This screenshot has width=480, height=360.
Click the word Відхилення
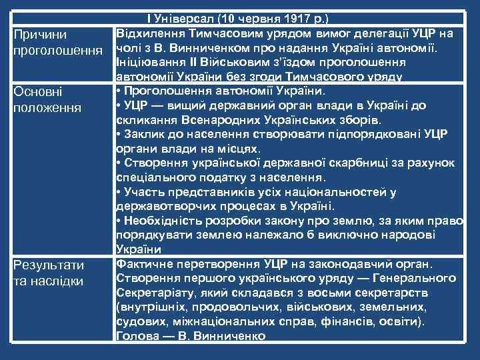[x=147, y=33]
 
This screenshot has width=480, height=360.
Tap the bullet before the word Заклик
[x=118, y=134]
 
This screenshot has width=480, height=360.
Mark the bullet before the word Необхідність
[x=118, y=221]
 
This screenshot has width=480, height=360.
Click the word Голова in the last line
[x=136, y=336]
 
